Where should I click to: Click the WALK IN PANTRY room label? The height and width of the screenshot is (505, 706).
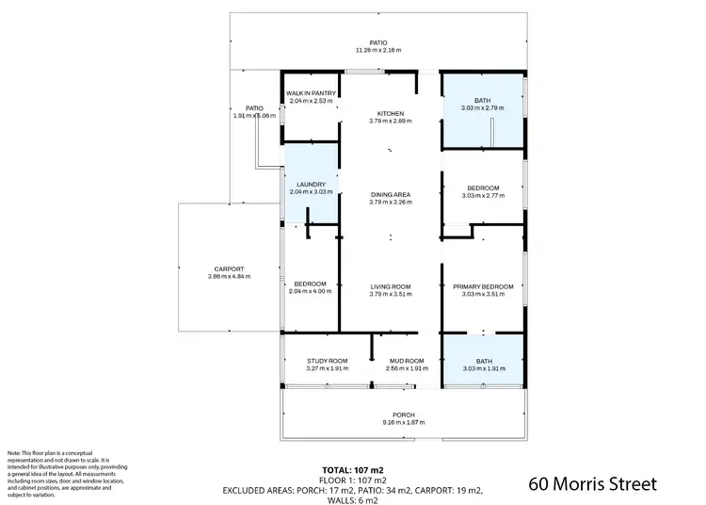311,93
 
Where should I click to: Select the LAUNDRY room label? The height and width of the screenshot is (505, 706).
311,184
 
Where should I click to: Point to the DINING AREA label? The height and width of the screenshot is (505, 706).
391,194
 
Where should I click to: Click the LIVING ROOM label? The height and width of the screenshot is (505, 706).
391,286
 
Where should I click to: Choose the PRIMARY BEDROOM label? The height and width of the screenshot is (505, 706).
484,286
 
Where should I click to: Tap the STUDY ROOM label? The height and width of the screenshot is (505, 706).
328,360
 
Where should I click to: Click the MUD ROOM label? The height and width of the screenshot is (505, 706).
407,360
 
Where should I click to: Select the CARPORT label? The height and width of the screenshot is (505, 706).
229,269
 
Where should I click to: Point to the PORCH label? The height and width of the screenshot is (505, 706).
403,415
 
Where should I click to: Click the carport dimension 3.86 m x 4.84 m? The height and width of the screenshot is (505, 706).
229,276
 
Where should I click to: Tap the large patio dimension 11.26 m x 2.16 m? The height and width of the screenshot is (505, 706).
377,50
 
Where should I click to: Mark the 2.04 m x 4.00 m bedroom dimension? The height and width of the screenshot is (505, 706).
311,291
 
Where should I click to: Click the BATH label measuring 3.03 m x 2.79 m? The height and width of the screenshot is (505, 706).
483,101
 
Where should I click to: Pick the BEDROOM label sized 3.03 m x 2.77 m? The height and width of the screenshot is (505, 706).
484,187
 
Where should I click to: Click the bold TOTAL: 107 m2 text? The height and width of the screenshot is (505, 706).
352,469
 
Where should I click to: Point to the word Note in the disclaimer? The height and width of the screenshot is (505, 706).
14,453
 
